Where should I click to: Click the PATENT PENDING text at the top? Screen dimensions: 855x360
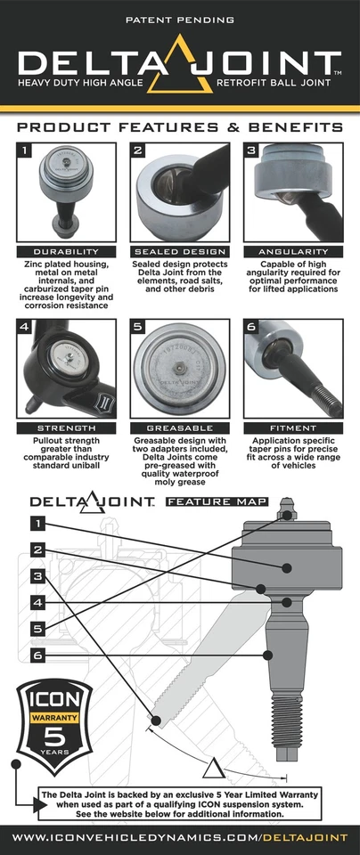(180, 18)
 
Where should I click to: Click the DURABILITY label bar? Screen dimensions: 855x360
(66, 251)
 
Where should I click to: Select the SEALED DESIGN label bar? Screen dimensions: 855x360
(179, 251)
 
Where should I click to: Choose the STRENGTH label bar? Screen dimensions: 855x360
(66, 427)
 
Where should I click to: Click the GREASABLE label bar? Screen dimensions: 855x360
(179, 427)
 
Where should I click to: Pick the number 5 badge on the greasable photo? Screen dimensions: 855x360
(138, 327)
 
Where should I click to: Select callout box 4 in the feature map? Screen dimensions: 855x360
(37, 602)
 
